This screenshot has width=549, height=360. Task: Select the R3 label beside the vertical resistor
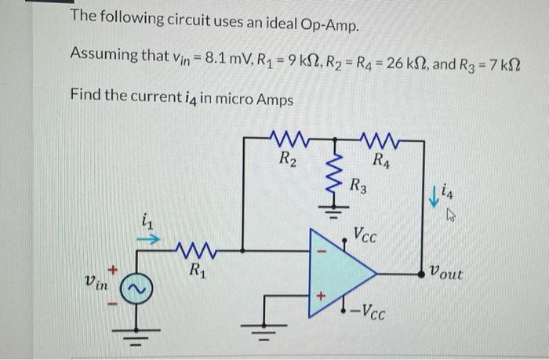tap(358, 187)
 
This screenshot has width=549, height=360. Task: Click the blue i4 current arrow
tap(431, 196)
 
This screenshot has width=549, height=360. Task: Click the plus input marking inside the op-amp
tap(319, 299)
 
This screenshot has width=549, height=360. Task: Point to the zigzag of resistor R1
tap(192, 253)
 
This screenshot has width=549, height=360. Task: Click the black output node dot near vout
tap(425, 274)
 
